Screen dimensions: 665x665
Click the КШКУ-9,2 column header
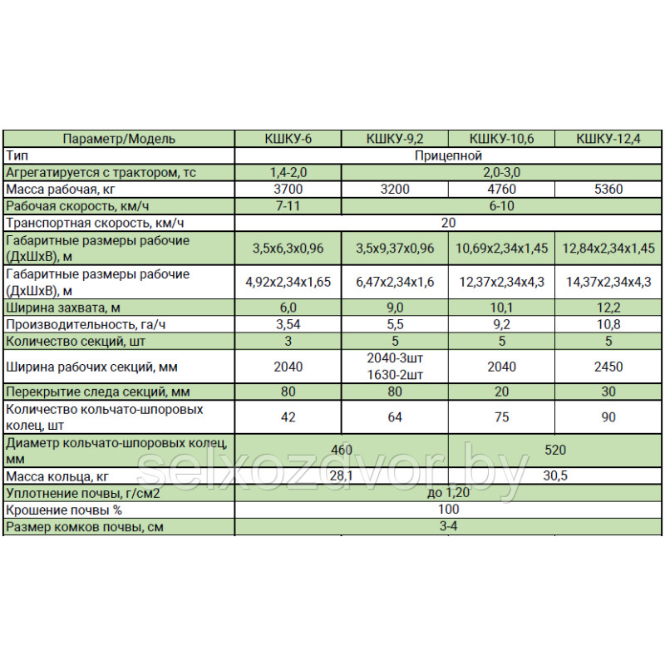click(x=395, y=140)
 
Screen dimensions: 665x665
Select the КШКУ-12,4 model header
click(x=608, y=140)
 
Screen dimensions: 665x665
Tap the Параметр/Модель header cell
click(x=119, y=140)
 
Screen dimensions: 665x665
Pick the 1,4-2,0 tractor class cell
click(x=288, y=172)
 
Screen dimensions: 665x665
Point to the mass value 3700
click(x=288, y=189)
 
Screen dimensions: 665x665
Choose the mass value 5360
click(x=608, y=189)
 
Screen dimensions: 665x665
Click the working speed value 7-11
click(x=288, y=205)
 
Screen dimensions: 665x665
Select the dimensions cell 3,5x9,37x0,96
click(x=395, y=248)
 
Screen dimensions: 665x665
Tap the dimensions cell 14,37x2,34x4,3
click(x=608, y=282)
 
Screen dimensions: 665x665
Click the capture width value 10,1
click(x=501, y=308)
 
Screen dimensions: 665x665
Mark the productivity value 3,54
click(x=288, y=324)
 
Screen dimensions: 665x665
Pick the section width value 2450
click(x=608, y=367)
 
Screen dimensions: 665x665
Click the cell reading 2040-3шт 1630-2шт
click(x=395, y=367)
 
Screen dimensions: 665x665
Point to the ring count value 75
click(x=501, y=417)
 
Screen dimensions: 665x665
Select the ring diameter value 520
click(x=554, y=451)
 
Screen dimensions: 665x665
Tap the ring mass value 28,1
click(x=342, y=476)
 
